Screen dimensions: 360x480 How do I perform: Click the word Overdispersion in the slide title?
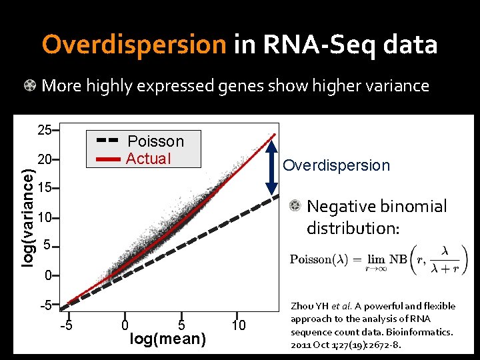(x=134, y=45)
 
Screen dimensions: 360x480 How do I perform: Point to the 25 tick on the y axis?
(x=45, y=129)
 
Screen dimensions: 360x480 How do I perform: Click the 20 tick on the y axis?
(x=45, y=160)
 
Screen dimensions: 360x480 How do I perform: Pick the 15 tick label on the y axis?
(x=45, y=188)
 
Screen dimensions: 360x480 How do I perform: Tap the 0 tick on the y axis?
(x=47, y=275)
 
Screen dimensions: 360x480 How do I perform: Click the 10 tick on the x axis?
(x=239, y=325)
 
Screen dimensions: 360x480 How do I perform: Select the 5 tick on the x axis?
(x=183, y=325)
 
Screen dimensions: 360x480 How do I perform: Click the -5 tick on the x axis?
(x=67, y=325)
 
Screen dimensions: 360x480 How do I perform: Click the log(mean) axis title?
(x=167, y=339)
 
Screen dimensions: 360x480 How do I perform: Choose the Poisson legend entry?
(x=155, y=141)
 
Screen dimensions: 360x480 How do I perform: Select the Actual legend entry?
(x=148, y=159)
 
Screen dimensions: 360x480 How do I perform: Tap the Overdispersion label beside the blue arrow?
(x=336, y=165)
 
